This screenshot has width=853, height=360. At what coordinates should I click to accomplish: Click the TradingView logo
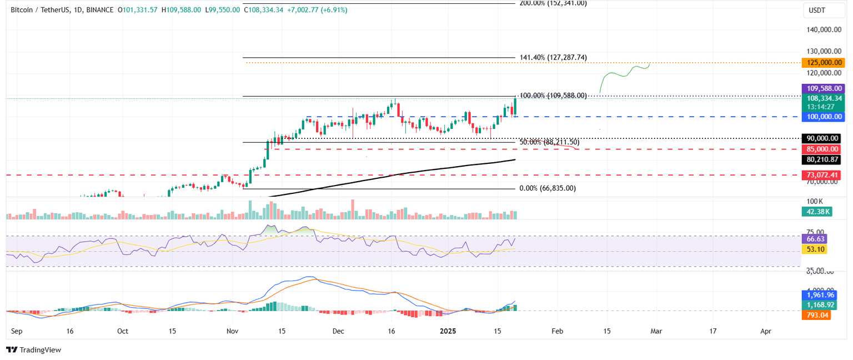coord(33,349)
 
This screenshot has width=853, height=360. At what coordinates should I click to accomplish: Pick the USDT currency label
coord(816,9)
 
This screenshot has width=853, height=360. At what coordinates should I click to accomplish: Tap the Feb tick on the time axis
coord(557,331)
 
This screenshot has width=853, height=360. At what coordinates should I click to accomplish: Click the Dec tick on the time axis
coord(338,331)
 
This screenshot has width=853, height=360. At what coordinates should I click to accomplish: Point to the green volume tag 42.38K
coord(816,211)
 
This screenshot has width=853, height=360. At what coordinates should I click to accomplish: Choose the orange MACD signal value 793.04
coord(816,315)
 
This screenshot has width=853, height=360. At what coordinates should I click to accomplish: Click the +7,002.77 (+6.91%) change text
coord(317,9)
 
